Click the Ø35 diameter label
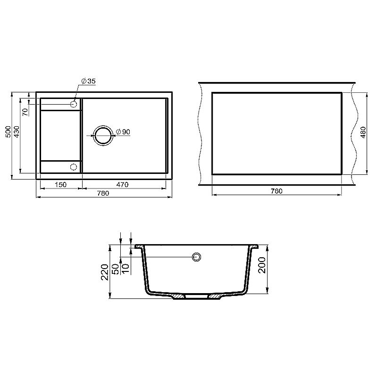(89, 81)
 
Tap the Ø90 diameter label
(123, 132)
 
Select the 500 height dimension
(8, 132)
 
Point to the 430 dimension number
(17, 132)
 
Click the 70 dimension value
(25, 112)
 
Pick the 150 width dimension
(60, 185)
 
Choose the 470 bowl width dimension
(122, 185)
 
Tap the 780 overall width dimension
(103, 193)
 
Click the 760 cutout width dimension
(276, 191)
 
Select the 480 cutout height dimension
(363, 132)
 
